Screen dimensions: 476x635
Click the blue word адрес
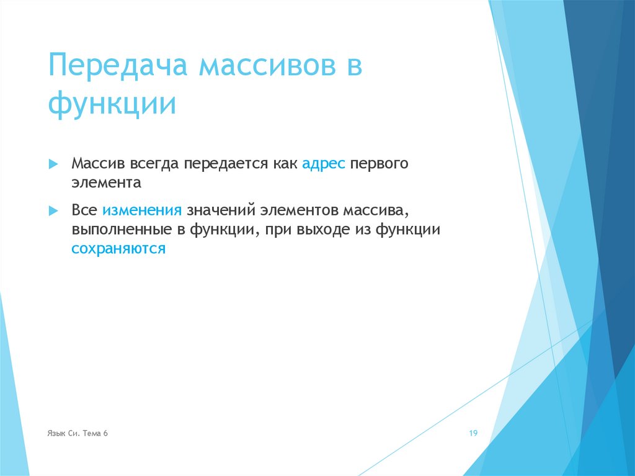323,164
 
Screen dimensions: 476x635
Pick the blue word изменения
142,210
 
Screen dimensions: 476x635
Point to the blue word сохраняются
118,249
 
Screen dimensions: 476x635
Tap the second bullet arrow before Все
53,210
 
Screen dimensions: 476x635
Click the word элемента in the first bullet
106,183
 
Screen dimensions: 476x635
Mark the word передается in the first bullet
224,164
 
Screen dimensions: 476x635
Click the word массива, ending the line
376,210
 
